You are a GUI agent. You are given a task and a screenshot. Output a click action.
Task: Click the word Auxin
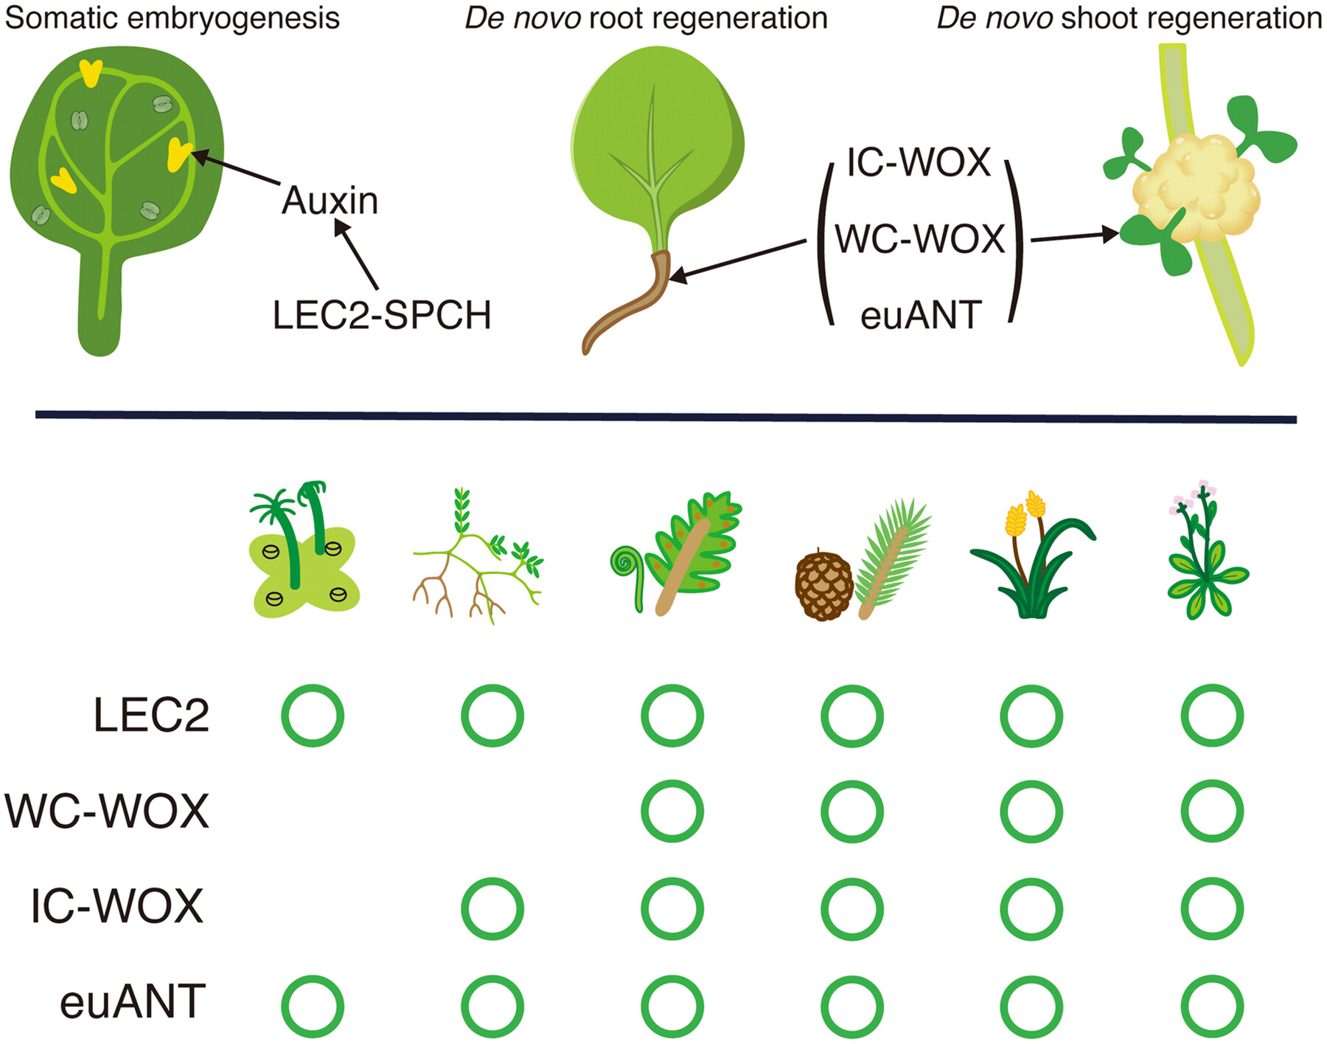click(330, 201)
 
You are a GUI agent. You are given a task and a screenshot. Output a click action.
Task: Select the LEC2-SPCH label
click(382, 316)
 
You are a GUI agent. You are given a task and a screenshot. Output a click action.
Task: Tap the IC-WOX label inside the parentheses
click(919, 162)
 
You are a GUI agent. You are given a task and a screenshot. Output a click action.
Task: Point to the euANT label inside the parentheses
click(921, 316)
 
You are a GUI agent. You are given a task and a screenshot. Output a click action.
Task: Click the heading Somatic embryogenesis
click(173, 18)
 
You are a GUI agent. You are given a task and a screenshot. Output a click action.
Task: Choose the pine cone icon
click(823, 586)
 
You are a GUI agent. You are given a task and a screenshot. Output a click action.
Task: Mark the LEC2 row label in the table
click(151, 715)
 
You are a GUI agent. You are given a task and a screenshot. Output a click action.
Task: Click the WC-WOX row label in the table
click(108, 811)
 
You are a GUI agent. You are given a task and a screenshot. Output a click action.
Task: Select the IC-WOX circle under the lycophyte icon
click(492, 908)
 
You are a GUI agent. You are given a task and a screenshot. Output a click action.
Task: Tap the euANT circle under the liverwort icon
click(313, 1006)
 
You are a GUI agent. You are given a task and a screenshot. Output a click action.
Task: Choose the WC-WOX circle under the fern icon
click(672, 811)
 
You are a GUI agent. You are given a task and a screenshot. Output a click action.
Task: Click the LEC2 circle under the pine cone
click(852, 715)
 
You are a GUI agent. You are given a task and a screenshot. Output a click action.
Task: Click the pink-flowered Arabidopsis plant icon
click(1205, 553)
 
